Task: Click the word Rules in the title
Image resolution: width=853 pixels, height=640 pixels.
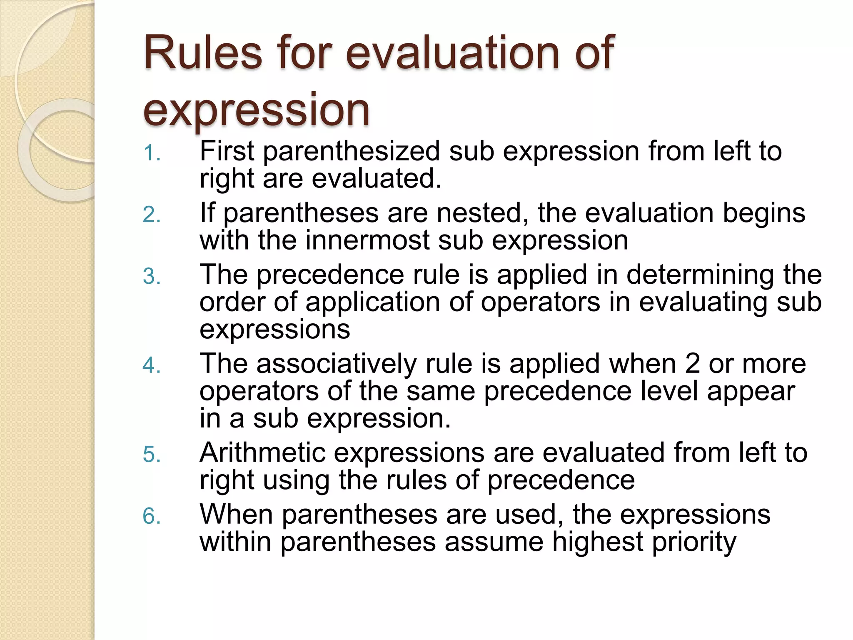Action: coord(203,53)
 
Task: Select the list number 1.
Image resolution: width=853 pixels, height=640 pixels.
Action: coord(151,153)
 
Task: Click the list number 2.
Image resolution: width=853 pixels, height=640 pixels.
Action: coord(151,215)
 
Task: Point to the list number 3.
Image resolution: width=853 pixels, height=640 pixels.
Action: coord(151,277)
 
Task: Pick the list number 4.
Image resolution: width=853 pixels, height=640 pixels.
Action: coord(151,366)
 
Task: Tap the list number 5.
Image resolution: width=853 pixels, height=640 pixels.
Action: coord(151,455)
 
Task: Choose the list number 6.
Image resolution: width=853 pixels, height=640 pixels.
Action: coord(151,517)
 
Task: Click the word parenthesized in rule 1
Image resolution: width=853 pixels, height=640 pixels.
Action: coord(351,151)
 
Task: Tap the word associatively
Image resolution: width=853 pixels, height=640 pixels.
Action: coord(336,364)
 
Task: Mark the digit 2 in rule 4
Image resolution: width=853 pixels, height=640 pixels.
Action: coord(692,364)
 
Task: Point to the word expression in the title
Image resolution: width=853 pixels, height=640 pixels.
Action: coord(256,110)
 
